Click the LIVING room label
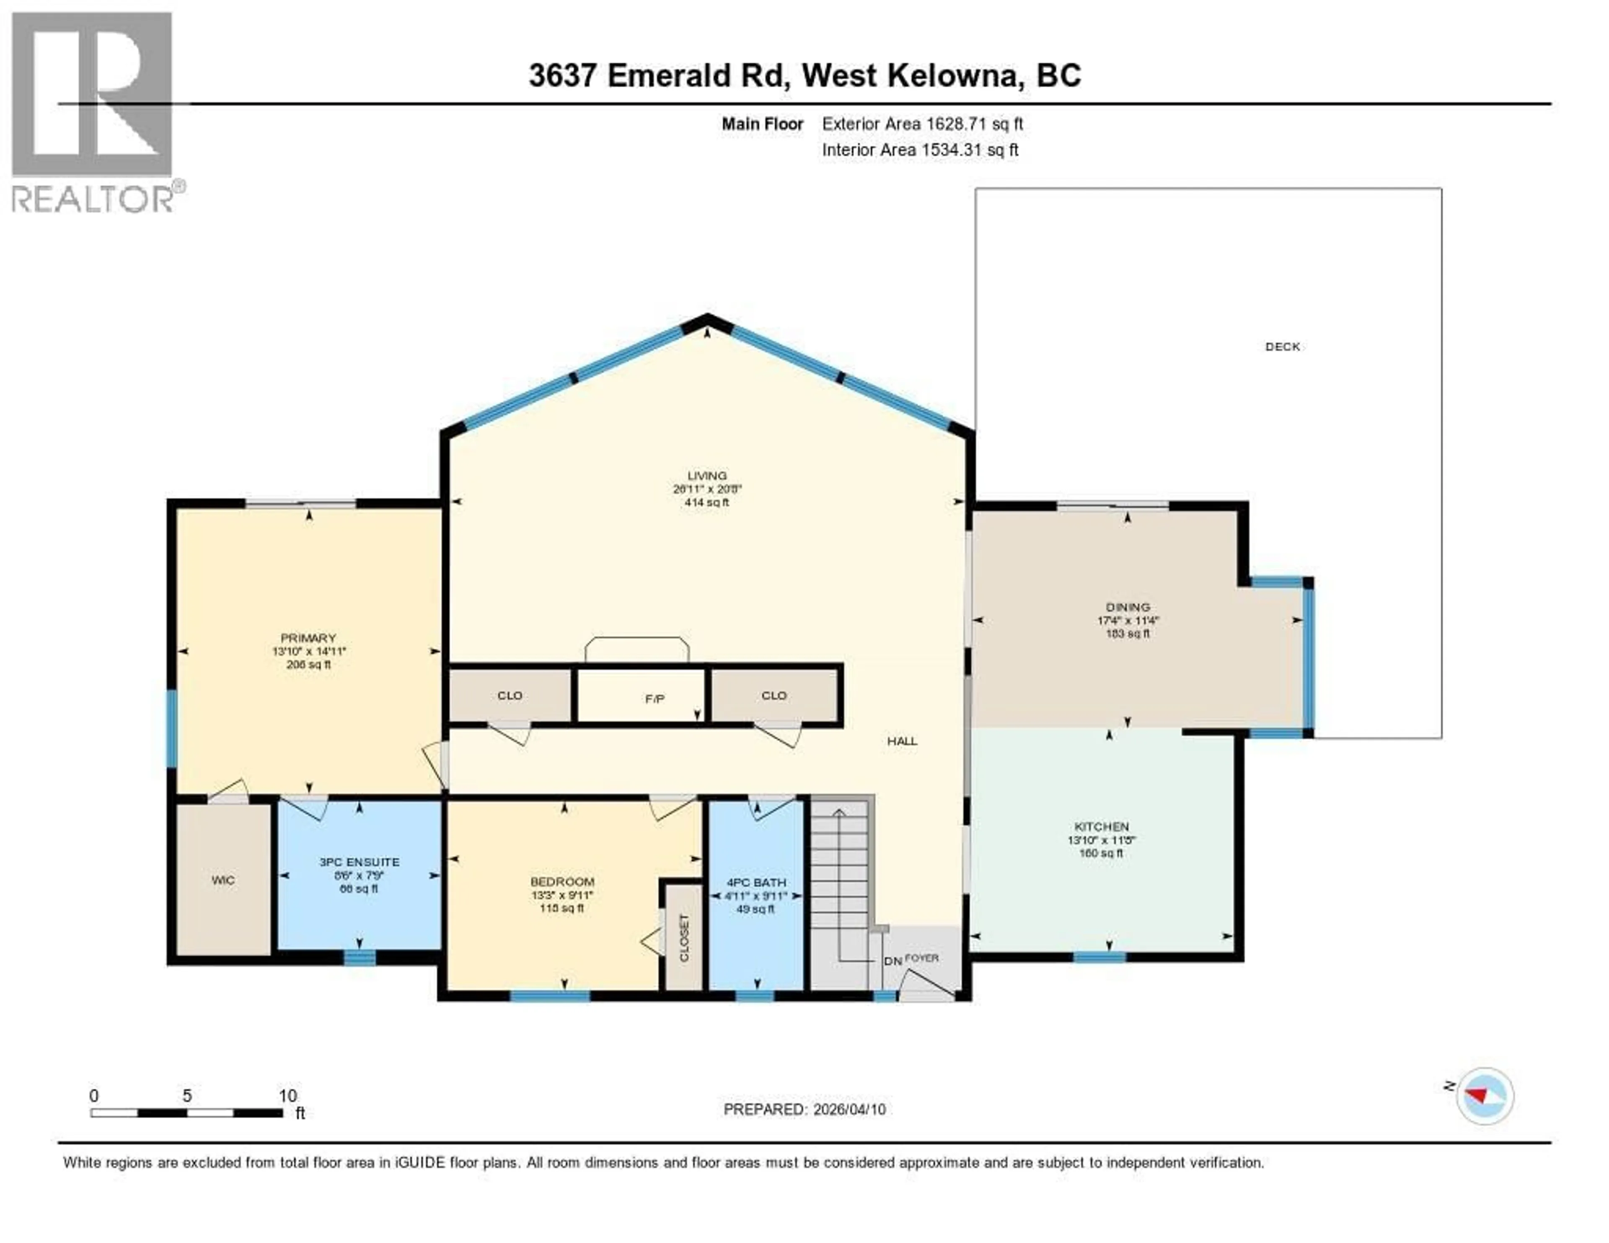[706, 476]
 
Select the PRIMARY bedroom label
[308, 638]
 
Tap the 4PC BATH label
[756, 882]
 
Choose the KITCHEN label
[1102, 827]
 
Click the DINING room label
[1127, 607]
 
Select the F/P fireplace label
[654, 699]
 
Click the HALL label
[902, 741]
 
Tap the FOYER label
[922, 958]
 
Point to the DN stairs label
[892, 961]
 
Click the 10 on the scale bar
[287, 1095]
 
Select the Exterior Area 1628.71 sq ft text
[922, 124]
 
